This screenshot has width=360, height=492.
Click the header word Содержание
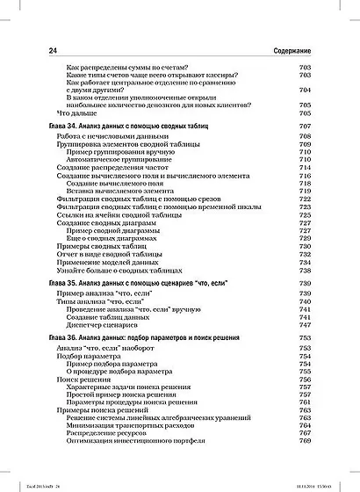(302, 53)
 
